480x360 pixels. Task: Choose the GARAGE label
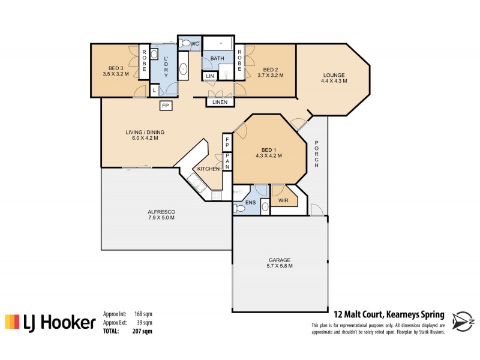[280, 262]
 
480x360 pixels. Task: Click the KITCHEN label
[209, 170]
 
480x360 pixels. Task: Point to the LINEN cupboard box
[216, 103]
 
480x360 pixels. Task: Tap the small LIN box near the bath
[209, 76]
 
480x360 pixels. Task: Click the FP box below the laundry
[166, 106]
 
